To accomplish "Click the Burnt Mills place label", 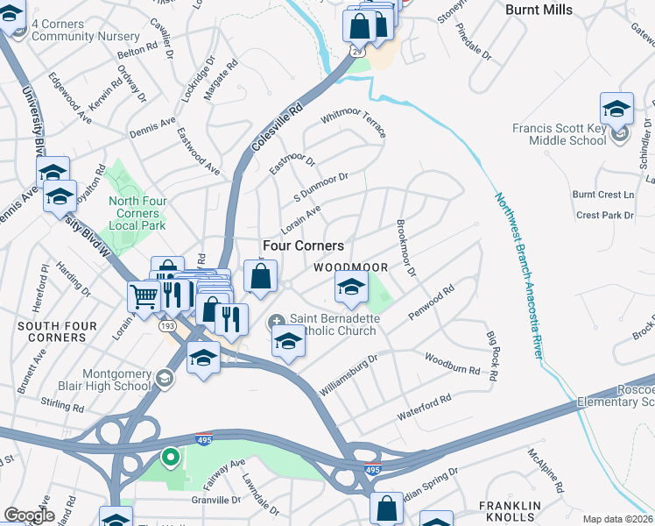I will [539, 10].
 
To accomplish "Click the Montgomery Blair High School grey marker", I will [164, 378].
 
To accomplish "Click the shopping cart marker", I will [144, 295].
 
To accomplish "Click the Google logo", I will [29, 515].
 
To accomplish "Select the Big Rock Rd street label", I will [492, 356].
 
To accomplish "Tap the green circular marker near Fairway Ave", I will [170, 457].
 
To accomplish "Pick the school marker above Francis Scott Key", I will [616, 109].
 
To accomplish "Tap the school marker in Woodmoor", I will [351, 287].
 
